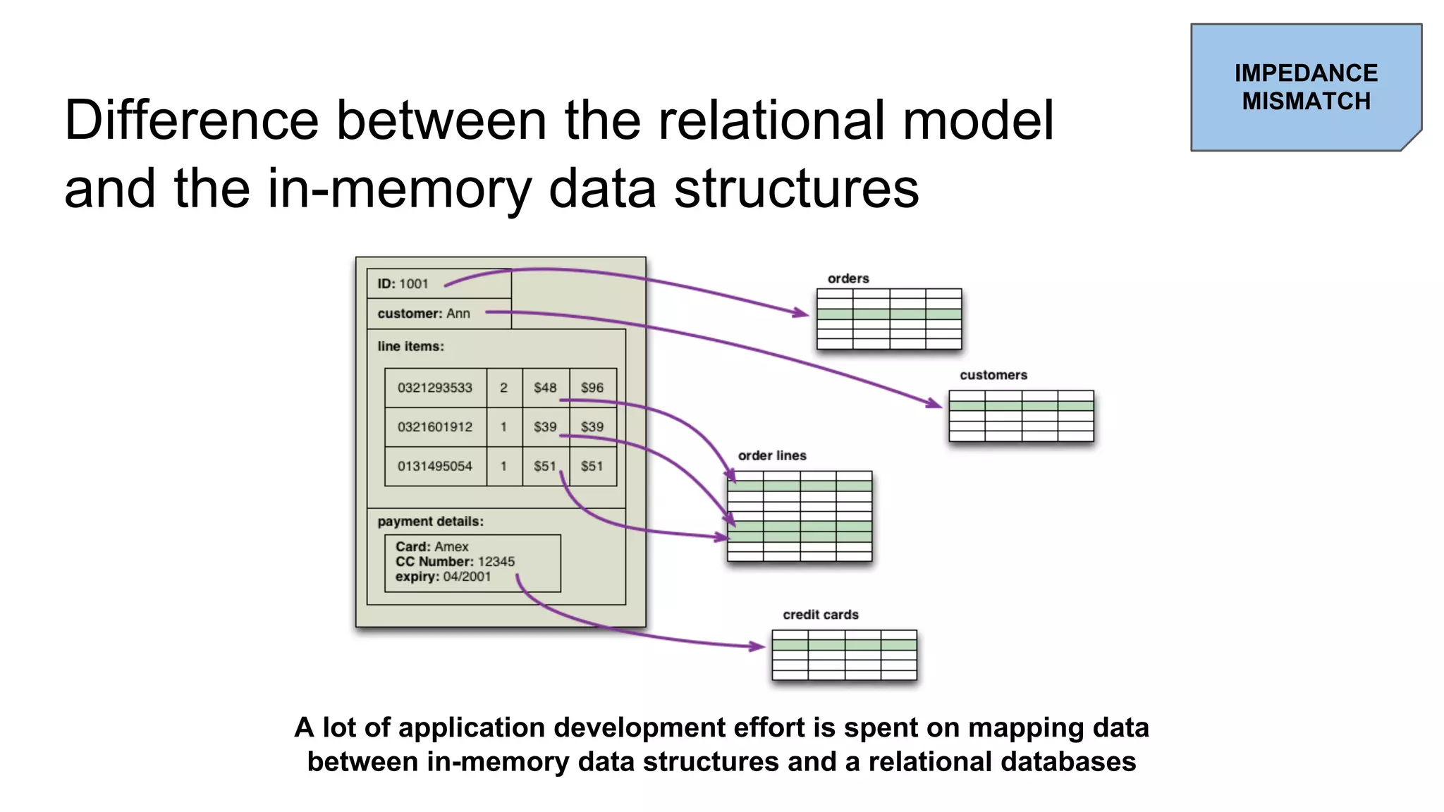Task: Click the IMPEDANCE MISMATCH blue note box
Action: click(x=1305, y=87)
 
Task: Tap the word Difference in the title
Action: click(x=191, y=121)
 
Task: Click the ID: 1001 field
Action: click(x=403, y=284)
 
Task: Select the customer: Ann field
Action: click(x=424, y=314)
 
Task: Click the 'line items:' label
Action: click(x=410, y=346)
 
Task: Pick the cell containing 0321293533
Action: click(x=435, y=388)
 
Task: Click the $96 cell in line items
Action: click(x=592, y=388)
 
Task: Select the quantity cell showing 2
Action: click(x=503, y=388)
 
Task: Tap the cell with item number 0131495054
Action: click(x=435, y=466)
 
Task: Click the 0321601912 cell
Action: click(x=435, y=427)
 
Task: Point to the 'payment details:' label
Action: click(x=430, y=522)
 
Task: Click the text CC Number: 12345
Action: click(x=455, y=562)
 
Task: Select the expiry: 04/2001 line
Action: click(x=443, y=577)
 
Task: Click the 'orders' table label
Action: click(x=848, y=278)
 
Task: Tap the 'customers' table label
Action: click(x=993, y=375)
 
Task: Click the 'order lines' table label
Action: click(x=772, y=455)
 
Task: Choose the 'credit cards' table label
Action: click(x=821, y=615)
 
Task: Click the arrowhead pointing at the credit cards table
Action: click(x=758, y=646)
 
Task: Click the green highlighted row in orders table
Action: click(x=889, y=314)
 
